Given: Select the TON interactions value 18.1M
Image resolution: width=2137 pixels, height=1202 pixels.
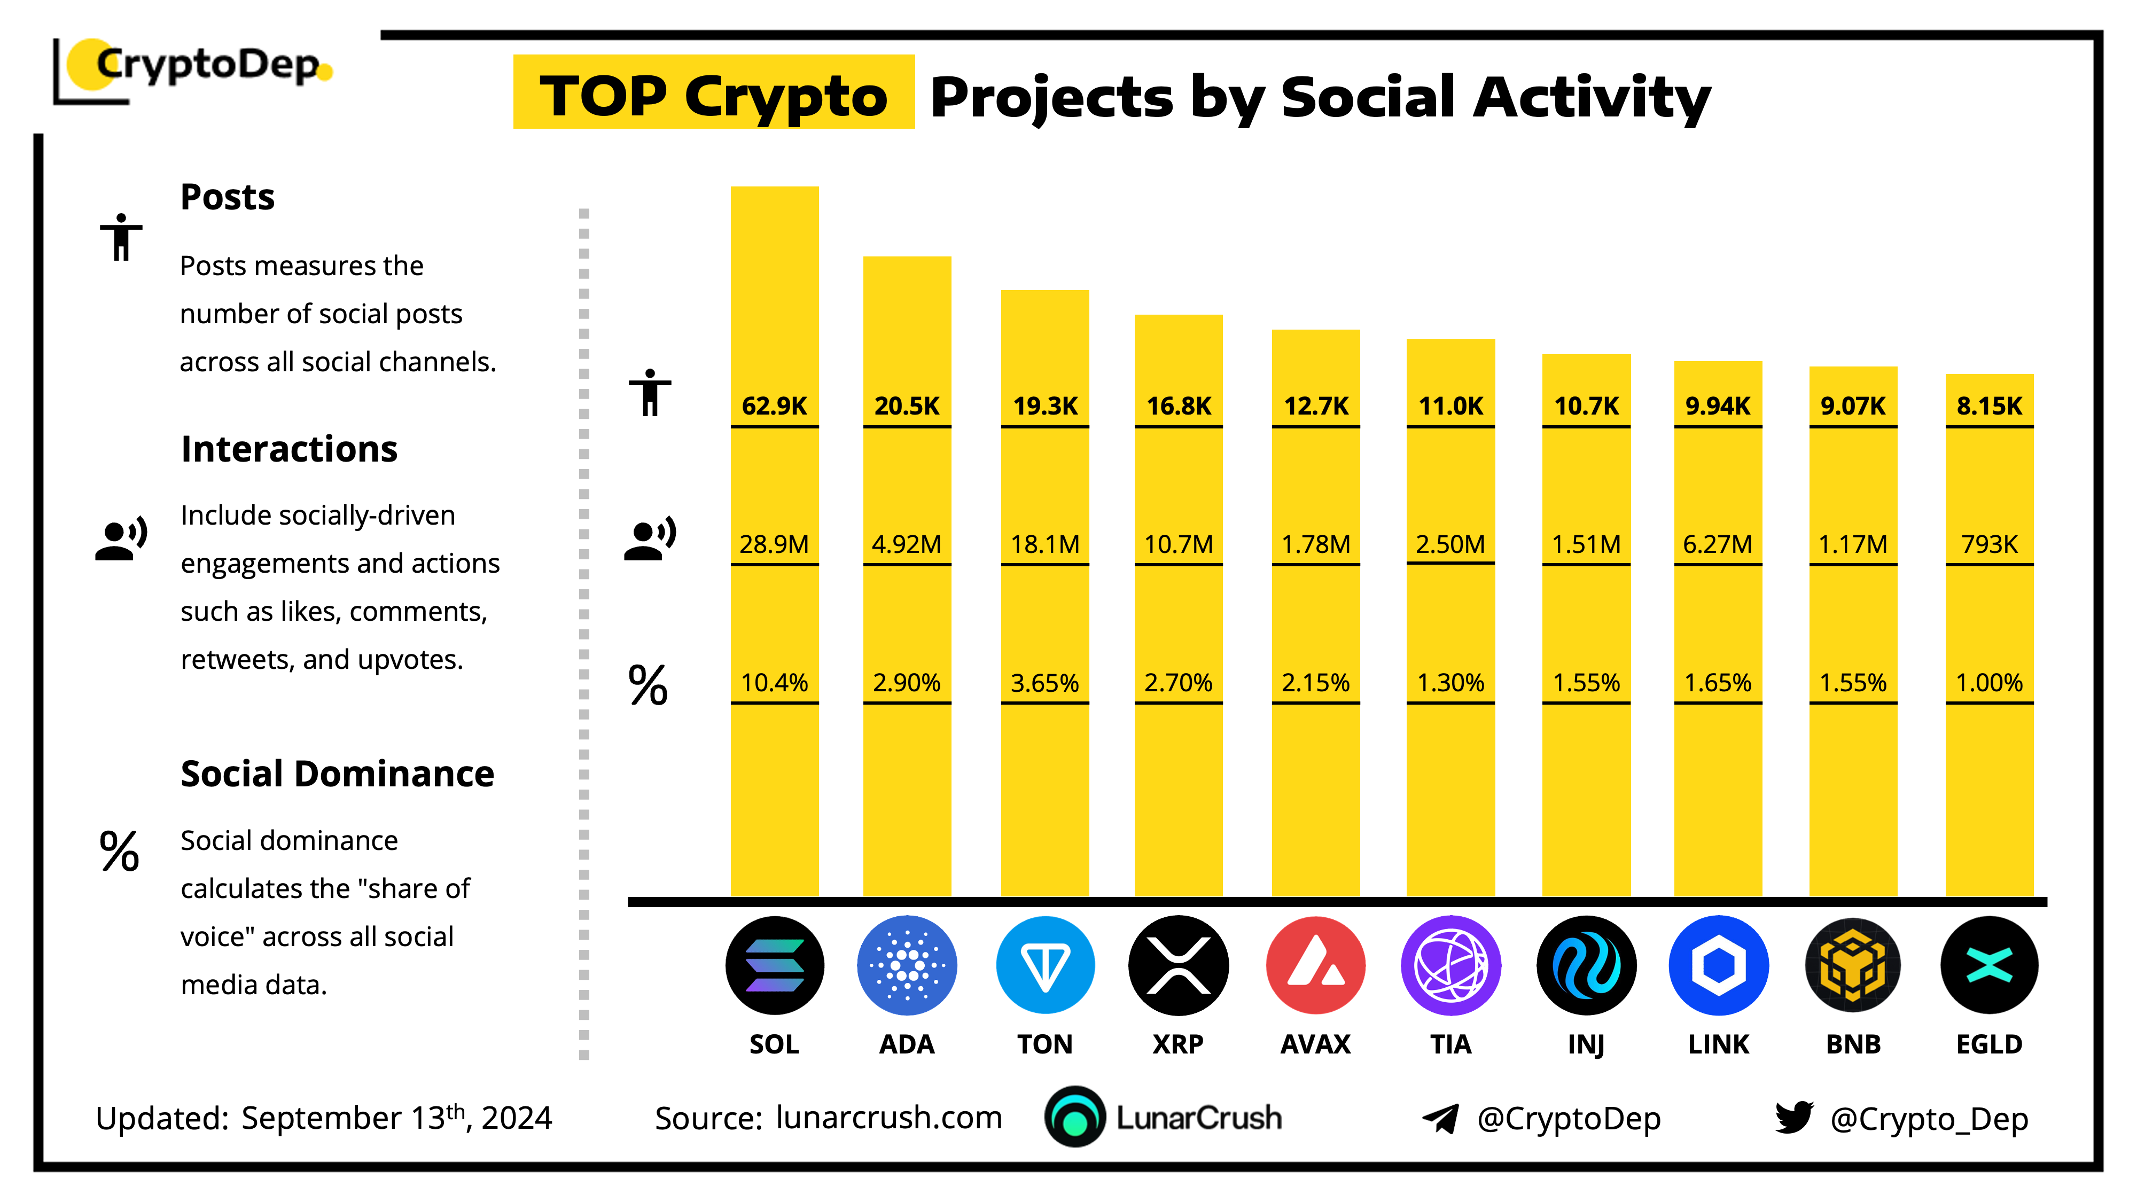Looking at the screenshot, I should (1044, 544).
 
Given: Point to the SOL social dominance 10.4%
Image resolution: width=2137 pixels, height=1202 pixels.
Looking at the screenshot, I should (774, 683).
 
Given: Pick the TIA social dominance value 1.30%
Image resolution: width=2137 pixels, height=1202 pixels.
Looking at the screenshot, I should (1450, 683).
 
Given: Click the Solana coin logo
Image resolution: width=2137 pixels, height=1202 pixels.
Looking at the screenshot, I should (774, 965).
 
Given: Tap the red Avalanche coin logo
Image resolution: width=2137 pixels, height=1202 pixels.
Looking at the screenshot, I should (1316, 965).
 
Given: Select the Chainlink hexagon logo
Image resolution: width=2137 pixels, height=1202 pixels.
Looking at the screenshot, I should (1718, 965).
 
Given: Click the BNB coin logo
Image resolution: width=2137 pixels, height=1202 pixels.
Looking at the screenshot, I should (1852, 965).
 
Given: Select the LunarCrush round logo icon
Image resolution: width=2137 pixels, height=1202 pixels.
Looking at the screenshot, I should (1075, 1117).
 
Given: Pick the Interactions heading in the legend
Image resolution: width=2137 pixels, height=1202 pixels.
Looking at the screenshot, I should (288, 449).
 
